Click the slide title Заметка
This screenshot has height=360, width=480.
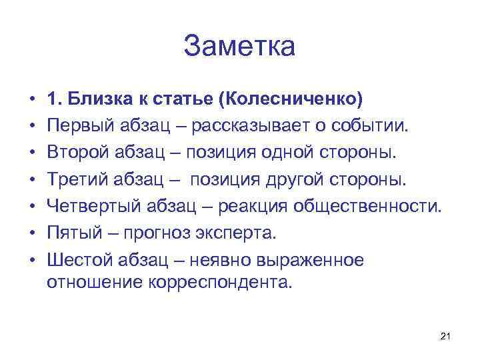(239, 47)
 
